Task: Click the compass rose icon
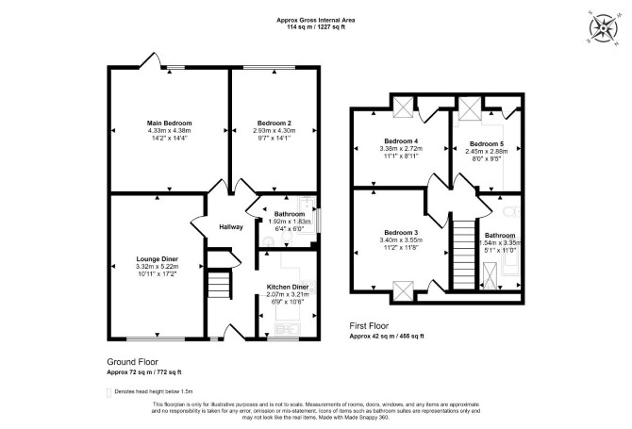point(604,28)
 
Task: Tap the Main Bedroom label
point(169,124)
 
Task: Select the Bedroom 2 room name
point(274,124)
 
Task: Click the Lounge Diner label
point(158,259)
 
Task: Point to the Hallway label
point(231,227)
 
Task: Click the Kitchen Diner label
point(288,287)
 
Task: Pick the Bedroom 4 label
point(401,141)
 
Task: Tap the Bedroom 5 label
point(487,144)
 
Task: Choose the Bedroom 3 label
point(401,233)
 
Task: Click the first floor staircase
point(464,255)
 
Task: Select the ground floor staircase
point(219,285)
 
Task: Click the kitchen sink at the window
point(288,329)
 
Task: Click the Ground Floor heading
point(132,362)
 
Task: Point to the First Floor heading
point(369,325)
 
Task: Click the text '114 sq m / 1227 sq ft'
point(316,27)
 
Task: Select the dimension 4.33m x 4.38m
point(169,130)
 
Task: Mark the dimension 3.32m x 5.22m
point(158,266)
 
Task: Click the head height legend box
point(108,392)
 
